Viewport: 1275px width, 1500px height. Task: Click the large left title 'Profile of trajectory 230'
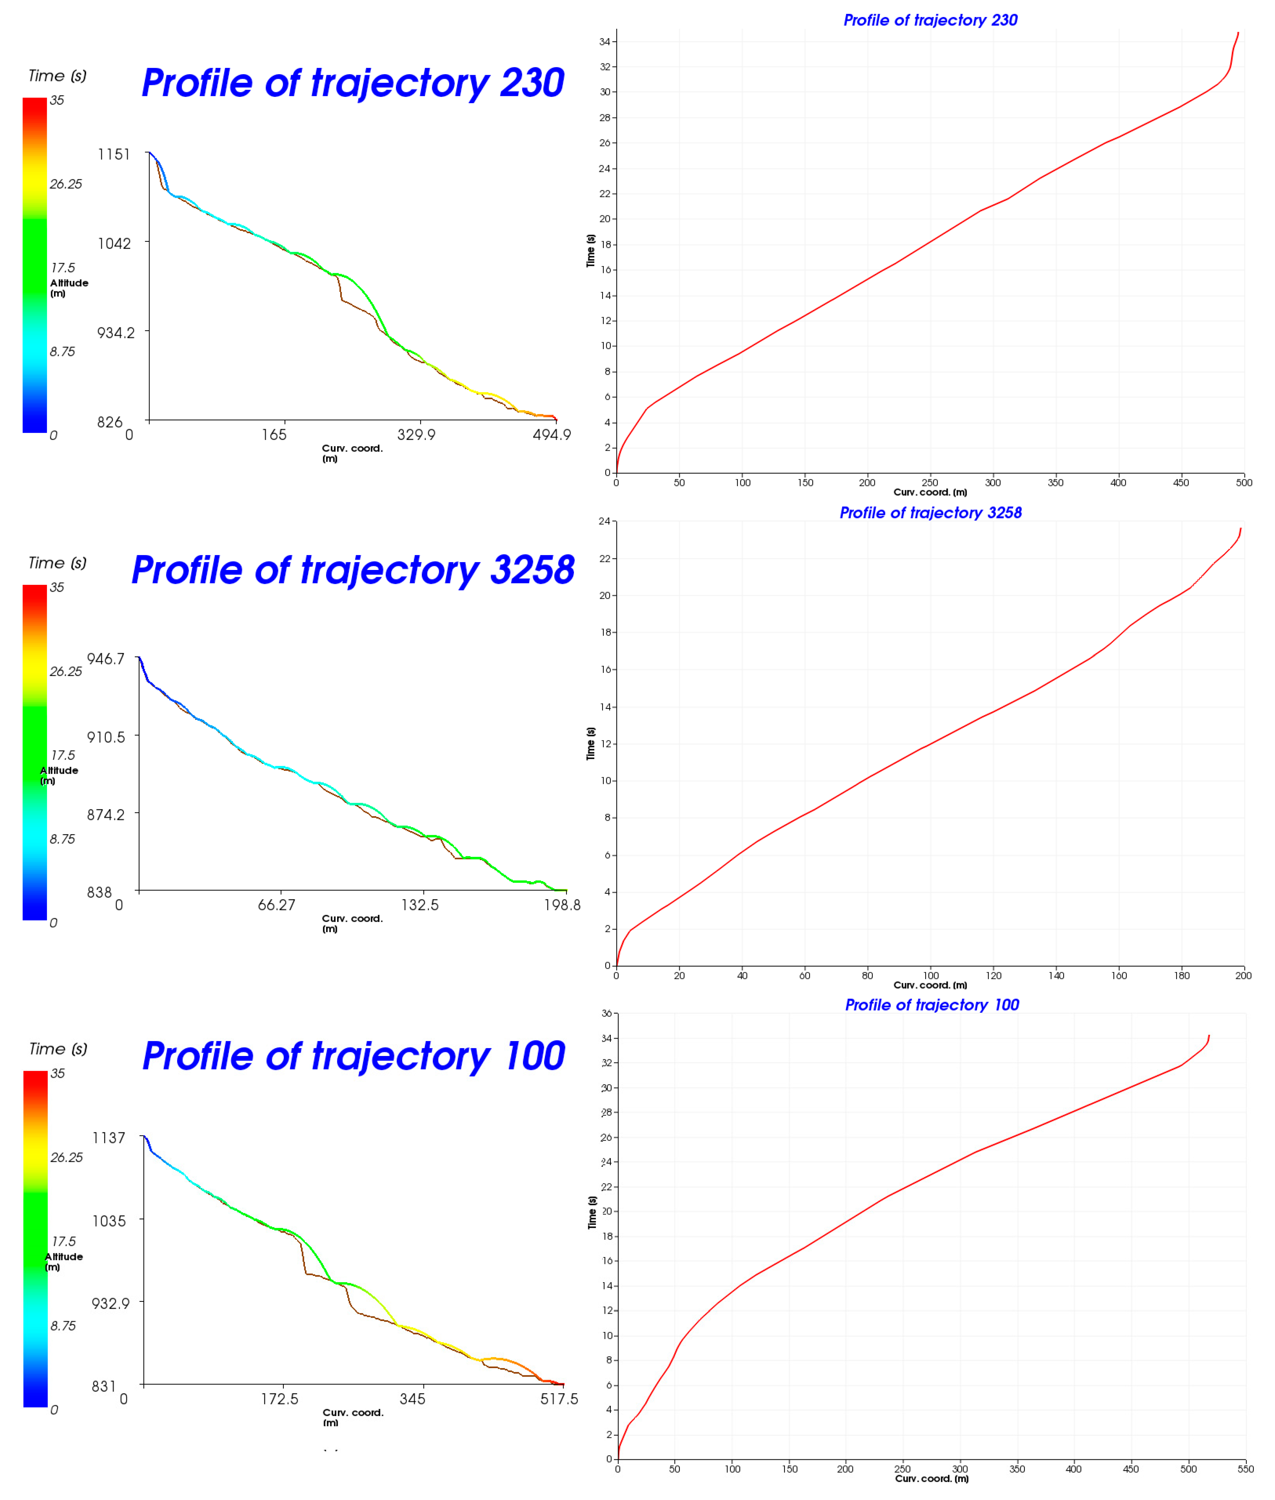click(353, 83)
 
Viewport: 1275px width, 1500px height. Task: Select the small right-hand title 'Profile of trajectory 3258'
click(930, 513)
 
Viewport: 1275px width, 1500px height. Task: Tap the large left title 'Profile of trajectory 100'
click(354, 1056)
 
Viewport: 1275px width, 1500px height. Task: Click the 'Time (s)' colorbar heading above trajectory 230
click(57, 76)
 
